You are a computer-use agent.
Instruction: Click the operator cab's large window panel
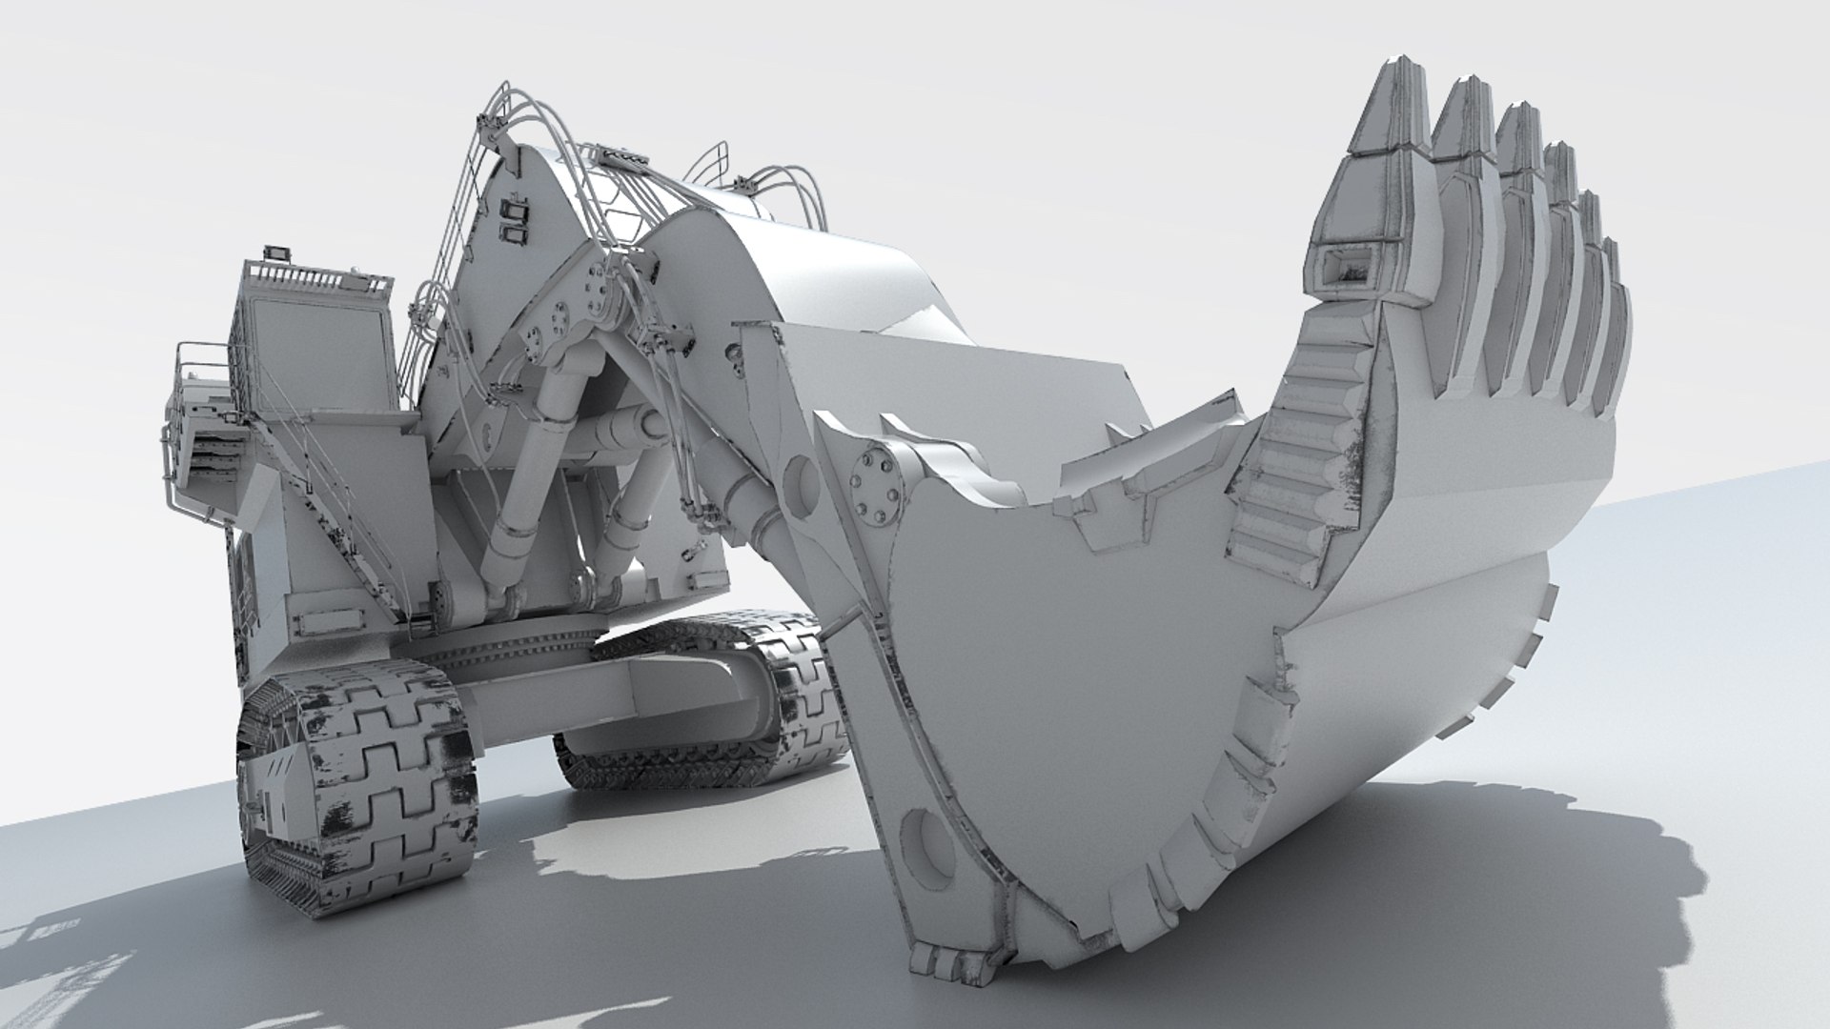point(315,353)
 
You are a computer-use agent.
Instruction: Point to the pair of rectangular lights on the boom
point(515,219)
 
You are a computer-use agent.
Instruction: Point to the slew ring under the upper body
point(534,648)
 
